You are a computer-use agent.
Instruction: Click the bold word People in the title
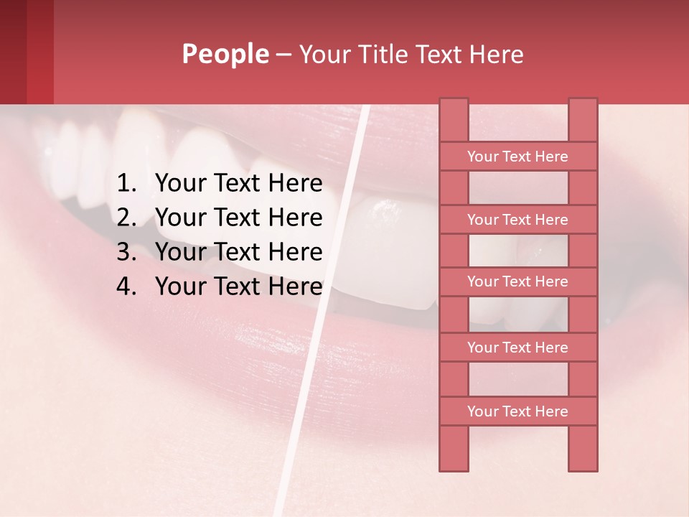click(x=225, y=54)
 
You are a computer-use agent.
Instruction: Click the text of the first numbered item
click(x=238, y=184)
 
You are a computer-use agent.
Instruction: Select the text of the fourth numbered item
click(x=238, y=287)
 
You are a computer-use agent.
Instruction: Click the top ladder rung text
click(x=517, y=157)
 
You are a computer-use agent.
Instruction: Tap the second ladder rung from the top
click(x=517, y=220)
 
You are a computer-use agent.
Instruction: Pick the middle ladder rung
click(x=517, y=282)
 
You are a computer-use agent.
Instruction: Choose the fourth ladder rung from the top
click(x=517, y=348)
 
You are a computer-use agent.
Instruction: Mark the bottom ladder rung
click(x=517, y=411)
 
